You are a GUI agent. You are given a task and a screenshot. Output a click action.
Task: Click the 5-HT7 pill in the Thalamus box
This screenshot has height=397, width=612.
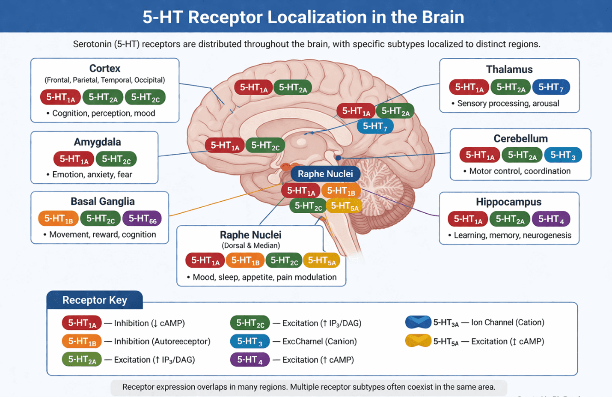point(551,87)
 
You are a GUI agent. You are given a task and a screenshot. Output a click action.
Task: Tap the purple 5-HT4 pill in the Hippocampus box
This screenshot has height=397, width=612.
point(551,219)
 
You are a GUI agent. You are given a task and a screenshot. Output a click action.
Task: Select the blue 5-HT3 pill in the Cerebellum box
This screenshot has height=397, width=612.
point(563,155)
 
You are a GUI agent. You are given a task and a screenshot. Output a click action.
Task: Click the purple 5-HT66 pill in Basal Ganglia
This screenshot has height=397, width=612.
point(142,218)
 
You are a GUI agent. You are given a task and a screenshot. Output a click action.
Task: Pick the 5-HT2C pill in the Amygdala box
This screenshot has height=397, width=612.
point(116,159)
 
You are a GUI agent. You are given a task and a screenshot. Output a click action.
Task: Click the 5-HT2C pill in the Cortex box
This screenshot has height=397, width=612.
point(146,97)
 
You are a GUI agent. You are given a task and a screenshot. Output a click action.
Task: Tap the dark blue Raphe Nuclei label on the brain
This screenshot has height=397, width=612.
point(325,174)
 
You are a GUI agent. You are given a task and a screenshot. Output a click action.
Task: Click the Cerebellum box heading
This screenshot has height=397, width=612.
point(520,139)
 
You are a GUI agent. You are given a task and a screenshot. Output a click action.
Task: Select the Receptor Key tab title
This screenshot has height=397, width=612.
point(95,300)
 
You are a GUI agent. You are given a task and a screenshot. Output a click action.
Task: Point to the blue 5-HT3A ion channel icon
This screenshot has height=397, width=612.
point(418,322)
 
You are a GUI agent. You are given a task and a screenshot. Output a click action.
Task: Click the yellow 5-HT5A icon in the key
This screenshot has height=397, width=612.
point(418,341)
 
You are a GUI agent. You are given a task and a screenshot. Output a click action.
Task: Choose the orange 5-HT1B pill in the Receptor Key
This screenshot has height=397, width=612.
point(82,341)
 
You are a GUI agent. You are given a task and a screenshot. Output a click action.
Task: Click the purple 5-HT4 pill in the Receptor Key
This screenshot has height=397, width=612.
point(250,360)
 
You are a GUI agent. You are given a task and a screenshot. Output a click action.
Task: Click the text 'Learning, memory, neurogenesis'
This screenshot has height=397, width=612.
point(513,235)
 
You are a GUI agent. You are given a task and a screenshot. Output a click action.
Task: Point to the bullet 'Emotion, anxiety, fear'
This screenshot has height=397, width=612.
point(89,174)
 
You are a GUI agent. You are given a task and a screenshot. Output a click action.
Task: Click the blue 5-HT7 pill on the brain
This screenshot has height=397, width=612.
point(375,126)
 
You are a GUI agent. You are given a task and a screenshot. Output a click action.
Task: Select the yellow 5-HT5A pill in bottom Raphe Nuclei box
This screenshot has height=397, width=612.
point(322,260)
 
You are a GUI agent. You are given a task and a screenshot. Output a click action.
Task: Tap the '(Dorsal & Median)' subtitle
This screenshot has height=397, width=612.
point(251,245)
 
